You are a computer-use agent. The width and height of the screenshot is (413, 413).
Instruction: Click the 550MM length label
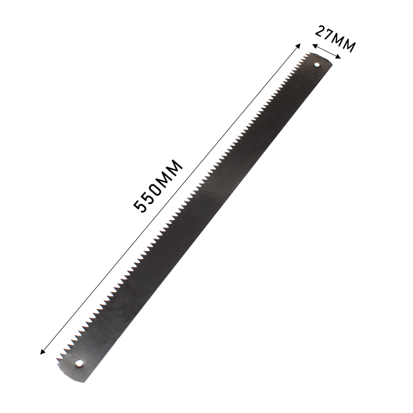158,186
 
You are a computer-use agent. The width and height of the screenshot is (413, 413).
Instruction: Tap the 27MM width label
335,39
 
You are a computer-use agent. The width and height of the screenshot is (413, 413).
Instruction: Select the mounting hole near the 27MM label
317,64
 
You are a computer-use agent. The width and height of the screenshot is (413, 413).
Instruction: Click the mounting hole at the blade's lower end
78,363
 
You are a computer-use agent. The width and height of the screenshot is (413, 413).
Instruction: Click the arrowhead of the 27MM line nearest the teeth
314,46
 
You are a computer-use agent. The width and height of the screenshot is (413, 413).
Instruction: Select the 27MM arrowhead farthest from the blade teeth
339,56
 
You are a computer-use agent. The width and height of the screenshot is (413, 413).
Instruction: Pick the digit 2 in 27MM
320,31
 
